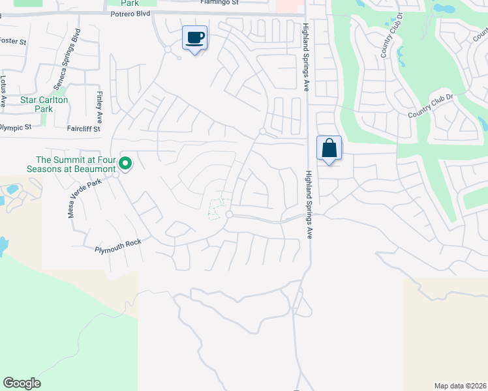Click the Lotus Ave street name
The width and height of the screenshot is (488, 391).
tap(3, 91)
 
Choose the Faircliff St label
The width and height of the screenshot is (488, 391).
tap(84, 129)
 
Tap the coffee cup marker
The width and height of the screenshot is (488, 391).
tap(194, 38)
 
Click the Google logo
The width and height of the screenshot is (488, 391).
tap(22, 383)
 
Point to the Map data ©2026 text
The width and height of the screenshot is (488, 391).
tap(460, 385)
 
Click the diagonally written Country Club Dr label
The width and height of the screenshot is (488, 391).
tap(430, 106)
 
